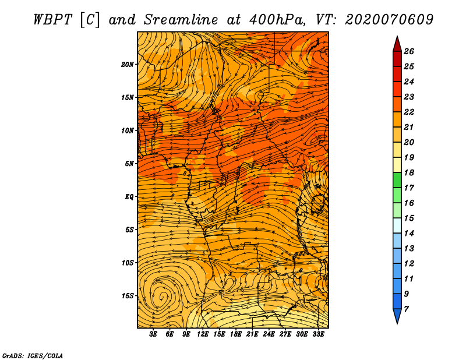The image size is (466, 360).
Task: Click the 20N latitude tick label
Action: (128, 64)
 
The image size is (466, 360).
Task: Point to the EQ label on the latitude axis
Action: (129, 196)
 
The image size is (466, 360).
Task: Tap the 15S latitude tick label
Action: (128, 295)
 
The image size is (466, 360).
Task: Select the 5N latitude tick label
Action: (130, 163)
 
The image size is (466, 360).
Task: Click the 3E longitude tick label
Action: (154, 334)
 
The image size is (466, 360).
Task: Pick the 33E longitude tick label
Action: (319, 334)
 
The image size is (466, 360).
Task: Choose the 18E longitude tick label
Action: (236, 334)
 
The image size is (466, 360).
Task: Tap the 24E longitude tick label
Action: (269, 334)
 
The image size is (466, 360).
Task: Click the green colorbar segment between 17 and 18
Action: (396, 181)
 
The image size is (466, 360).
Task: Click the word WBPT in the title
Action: (52, 19)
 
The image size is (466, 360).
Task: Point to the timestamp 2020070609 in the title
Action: (389, 19)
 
